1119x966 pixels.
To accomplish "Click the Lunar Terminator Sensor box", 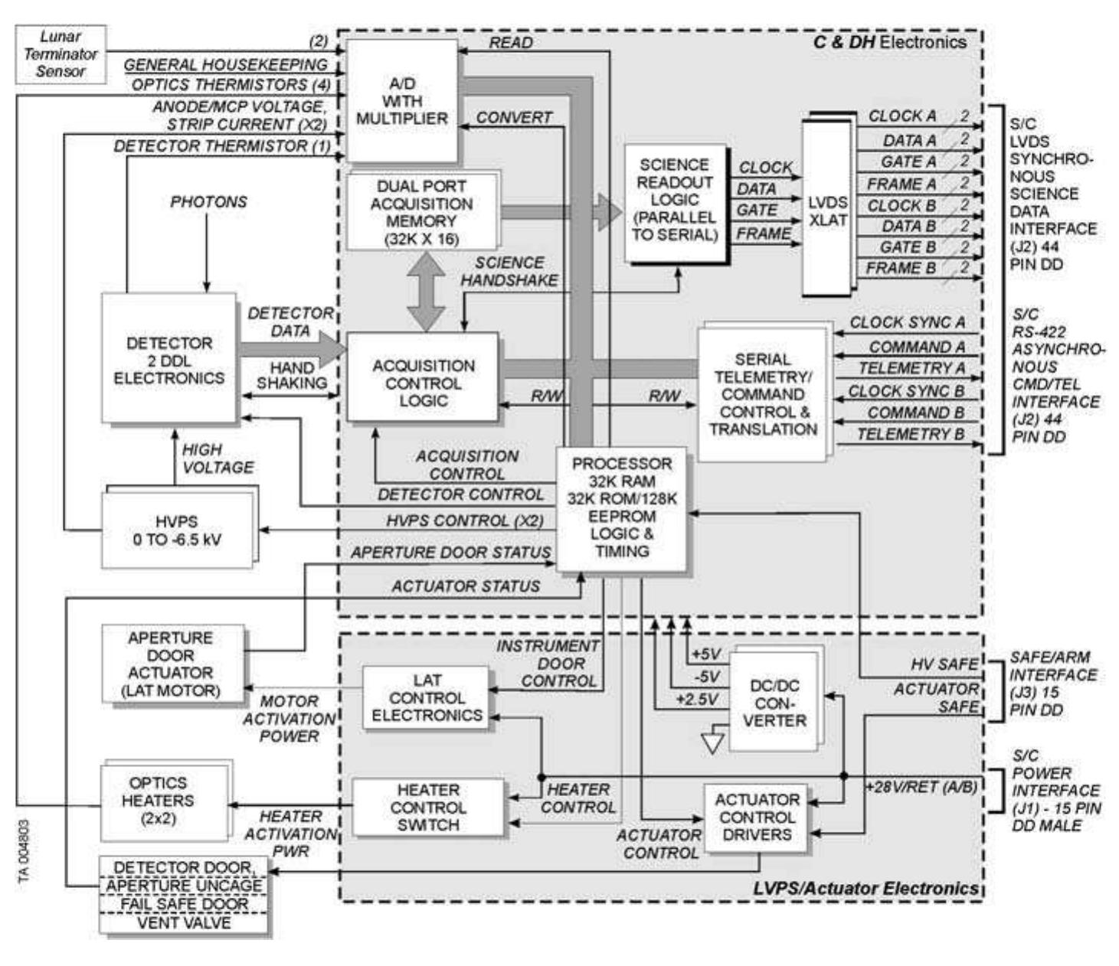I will (x=61, y=54).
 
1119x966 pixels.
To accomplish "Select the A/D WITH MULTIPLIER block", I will (x=401, y=101).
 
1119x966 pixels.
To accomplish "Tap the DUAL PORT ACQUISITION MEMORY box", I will (x=421, y=212).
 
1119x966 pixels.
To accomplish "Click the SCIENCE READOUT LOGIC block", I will (x=674, y=201).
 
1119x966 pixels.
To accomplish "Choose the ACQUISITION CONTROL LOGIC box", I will (x=423, y=383).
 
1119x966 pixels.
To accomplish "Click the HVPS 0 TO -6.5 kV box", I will (x=177, y=530).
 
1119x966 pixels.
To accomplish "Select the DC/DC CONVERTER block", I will (x=774, y=703).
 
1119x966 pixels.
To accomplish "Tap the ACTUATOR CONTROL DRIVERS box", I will (x=756, y=818).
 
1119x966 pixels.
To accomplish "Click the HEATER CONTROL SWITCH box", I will (x=428, y=808).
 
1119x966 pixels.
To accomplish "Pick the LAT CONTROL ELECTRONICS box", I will (x=426, y=697).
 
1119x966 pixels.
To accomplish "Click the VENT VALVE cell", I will (x=184, y=923).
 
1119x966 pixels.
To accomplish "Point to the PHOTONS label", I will (x=208, y=202).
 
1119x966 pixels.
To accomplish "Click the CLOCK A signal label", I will (x=901, y=116).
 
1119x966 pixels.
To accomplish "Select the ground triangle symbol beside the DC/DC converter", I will (x=713, y=742).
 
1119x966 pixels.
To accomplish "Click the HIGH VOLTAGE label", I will (x=217, y=458).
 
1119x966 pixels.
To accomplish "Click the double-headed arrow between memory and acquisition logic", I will (x=425, y=291).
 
